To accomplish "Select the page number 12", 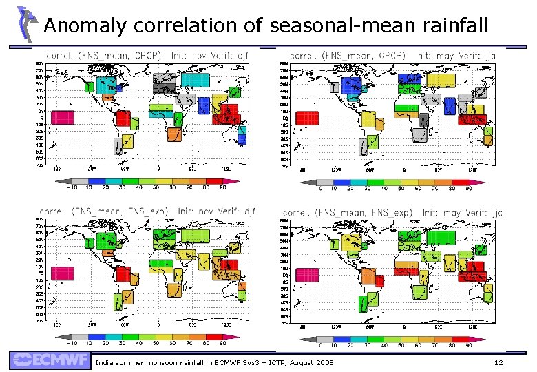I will coord(499,362).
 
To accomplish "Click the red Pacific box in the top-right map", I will coord(306,118).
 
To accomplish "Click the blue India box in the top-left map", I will coord(203,105).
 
